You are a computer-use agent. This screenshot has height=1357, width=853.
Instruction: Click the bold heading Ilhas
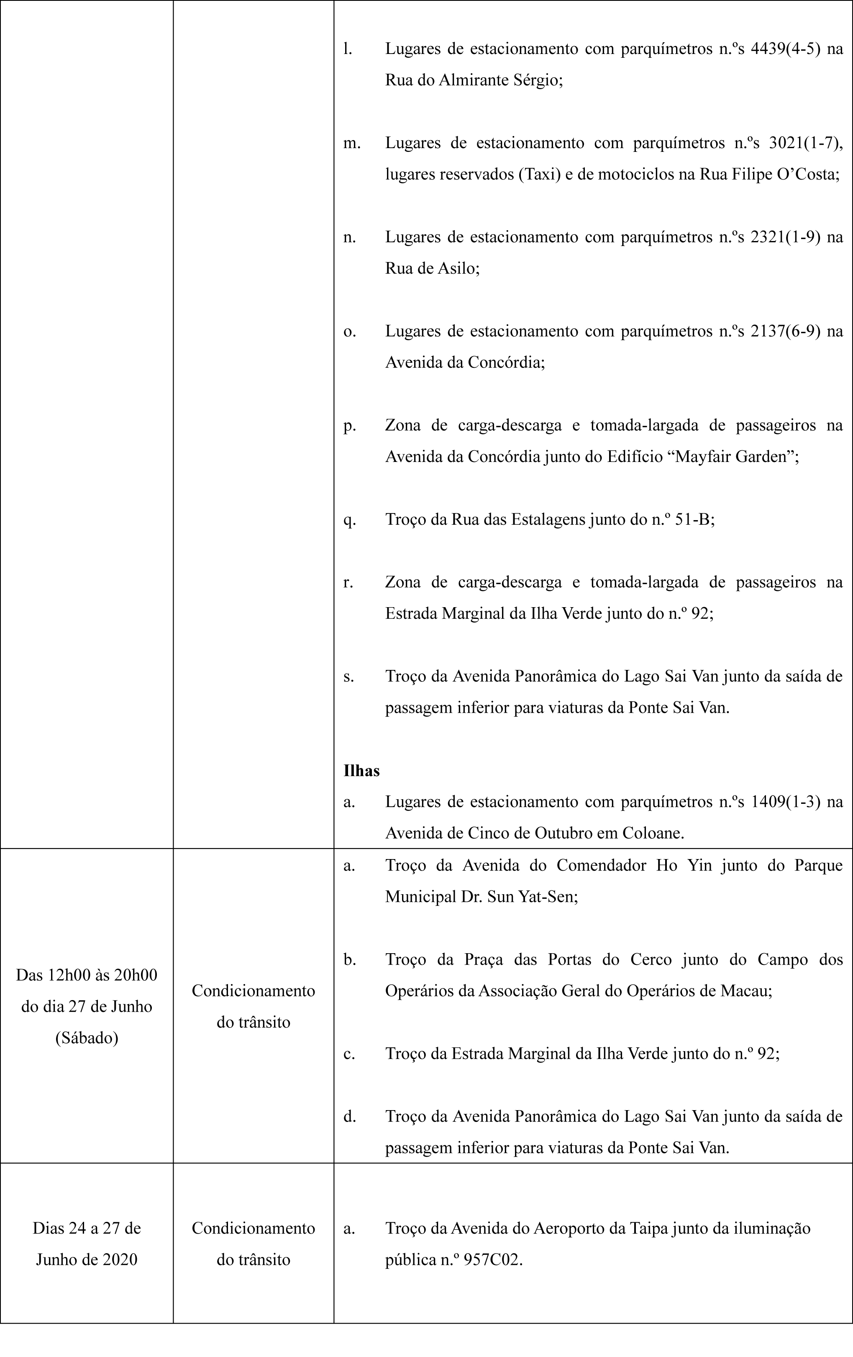pos(361,770)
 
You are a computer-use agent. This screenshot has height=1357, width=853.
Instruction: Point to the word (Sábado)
pos(87,1037)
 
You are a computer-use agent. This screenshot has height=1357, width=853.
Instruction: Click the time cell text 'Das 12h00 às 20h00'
pos(87,975)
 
